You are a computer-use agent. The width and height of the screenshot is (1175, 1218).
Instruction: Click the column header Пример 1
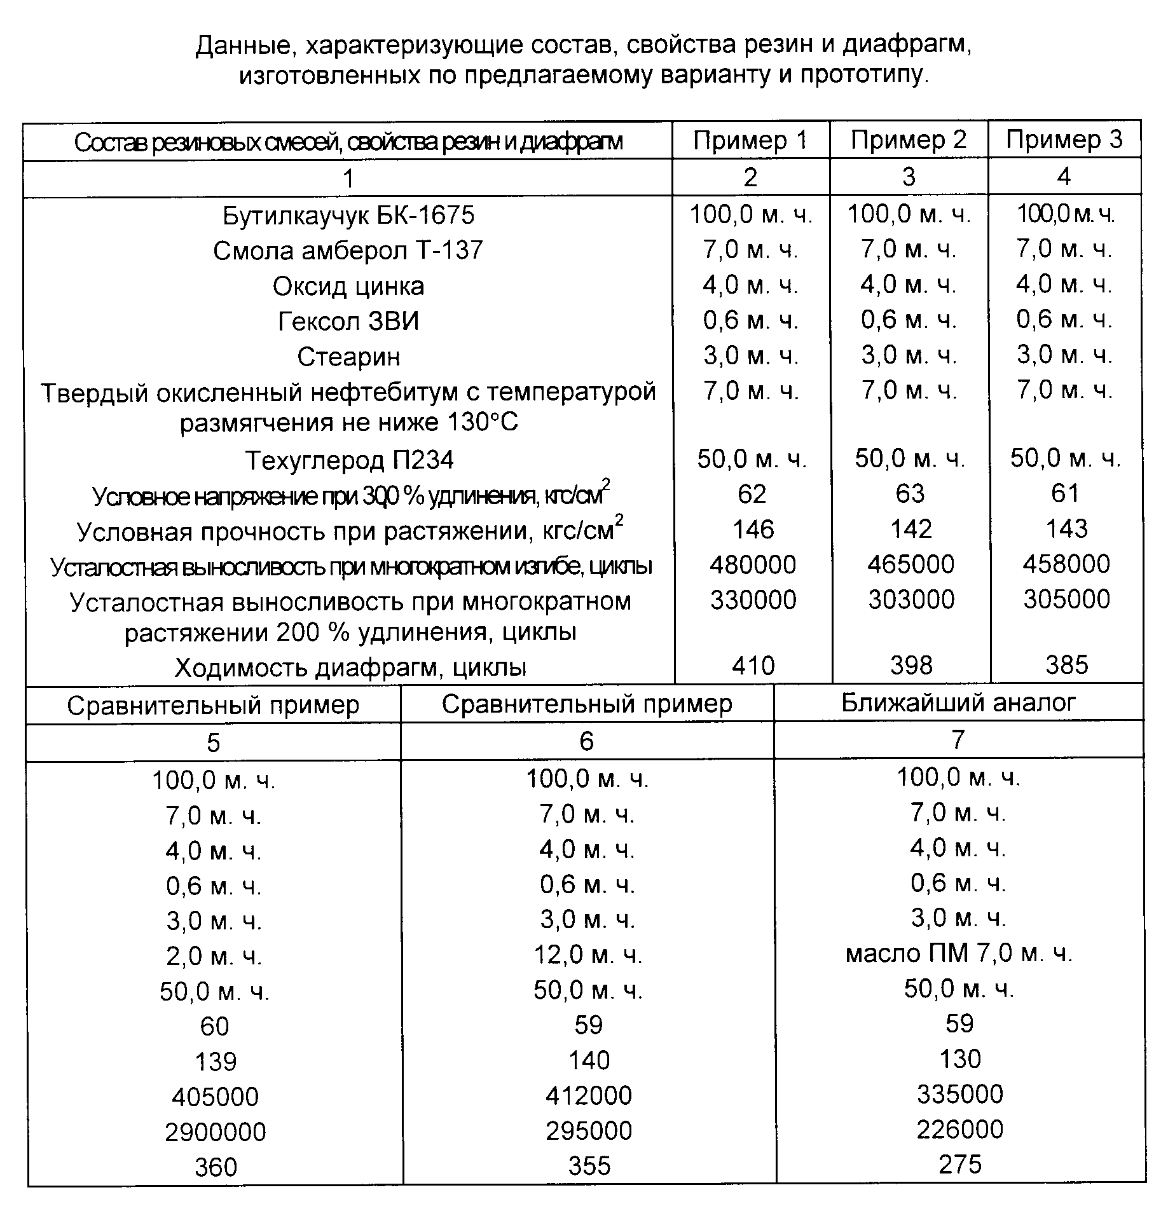[750, 140]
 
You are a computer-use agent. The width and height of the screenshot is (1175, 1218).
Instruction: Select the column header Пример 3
[1064, 140]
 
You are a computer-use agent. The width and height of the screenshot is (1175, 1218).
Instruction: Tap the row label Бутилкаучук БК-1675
[348, 216]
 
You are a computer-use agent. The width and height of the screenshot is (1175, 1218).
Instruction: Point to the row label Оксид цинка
[348, 287]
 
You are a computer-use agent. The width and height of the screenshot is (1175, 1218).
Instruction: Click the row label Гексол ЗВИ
[348, 322]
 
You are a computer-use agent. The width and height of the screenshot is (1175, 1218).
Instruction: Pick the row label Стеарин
[348, 357]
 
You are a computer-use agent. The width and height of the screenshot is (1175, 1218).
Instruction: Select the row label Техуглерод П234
[349, 460]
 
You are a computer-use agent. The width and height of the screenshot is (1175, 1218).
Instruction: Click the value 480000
[753, 565]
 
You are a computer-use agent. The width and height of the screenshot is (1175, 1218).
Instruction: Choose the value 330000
[753, 600]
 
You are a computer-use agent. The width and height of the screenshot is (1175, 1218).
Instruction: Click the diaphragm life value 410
[753, 666]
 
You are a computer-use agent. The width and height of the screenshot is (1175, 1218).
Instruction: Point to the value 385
[1067, 665]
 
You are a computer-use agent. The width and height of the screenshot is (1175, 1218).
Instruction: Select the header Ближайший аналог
[958, 702]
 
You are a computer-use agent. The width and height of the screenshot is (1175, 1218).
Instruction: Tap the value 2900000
[215, 1132]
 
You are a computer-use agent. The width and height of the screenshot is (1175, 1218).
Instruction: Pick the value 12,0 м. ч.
[587, 955]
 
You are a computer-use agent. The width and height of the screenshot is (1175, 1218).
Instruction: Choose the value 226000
[959, 1130]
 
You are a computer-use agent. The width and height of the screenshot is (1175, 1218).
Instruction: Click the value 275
[959, 1165]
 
